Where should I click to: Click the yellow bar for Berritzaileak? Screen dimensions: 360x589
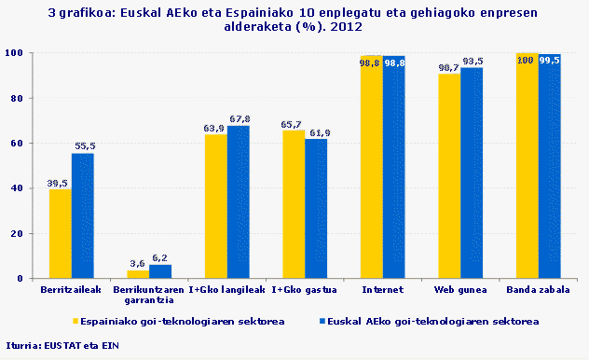61,233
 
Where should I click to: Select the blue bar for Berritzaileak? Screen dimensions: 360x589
83,215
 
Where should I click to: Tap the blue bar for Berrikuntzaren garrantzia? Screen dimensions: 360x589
160,271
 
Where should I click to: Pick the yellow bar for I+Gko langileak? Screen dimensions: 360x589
215,206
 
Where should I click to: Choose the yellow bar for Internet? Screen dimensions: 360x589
371,168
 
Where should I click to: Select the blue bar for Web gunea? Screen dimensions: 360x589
472,173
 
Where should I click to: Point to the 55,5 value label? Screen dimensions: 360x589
84,146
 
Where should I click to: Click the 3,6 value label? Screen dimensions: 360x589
137,264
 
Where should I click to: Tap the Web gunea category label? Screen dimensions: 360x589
460,292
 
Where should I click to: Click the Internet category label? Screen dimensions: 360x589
383,292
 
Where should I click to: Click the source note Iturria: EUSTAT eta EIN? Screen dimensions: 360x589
62,345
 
